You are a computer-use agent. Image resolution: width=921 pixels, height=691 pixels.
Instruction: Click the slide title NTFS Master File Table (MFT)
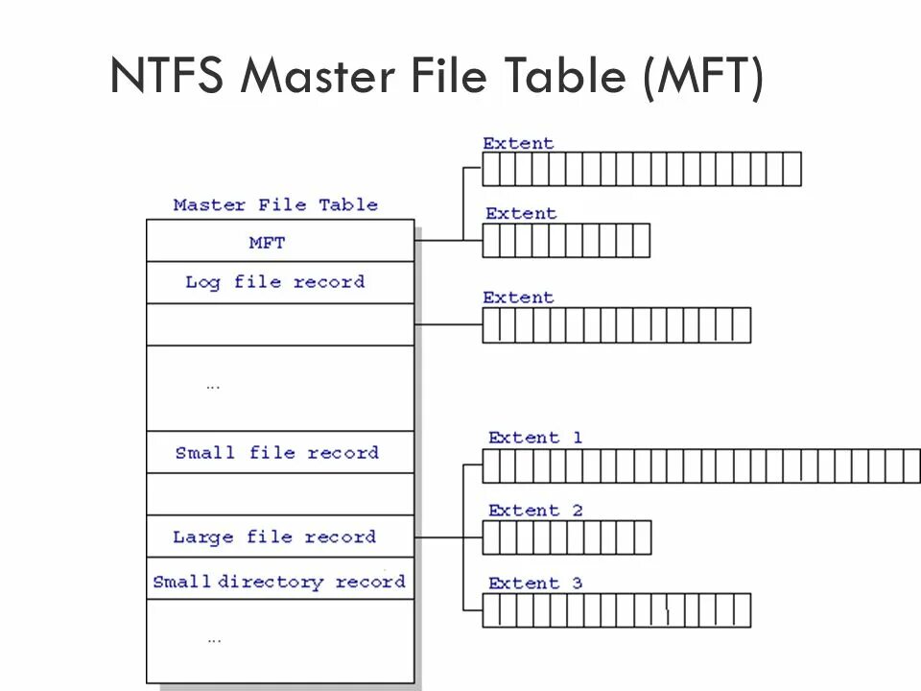coord(437,75)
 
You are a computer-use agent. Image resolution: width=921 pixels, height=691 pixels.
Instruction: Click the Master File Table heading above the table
coord(275,204)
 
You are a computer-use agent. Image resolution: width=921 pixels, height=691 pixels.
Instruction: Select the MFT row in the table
coord(268,242)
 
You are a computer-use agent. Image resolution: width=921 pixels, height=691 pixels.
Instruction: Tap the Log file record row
coord(275,282)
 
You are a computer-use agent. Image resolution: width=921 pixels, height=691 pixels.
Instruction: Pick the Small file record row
coord(276,452)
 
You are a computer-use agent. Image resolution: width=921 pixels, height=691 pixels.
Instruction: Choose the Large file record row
coord(274,536)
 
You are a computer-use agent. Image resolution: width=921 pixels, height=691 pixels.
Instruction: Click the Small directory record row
coord(278,582)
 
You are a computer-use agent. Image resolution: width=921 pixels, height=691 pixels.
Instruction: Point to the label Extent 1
coord(534,438)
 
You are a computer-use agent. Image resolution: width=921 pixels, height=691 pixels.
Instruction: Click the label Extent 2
coord(534,511)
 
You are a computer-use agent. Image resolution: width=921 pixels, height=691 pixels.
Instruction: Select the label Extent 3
coord(534,584)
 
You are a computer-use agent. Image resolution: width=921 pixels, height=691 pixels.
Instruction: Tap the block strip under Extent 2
coord(566,537)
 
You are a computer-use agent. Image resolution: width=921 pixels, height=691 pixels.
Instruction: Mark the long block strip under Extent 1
coord(700,465)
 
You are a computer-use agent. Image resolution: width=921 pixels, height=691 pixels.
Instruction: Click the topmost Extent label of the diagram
coord(518,143)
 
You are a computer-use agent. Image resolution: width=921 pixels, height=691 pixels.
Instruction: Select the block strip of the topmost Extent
coord(641,169)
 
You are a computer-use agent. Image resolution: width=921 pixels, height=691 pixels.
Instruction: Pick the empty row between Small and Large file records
coord(279,494)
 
